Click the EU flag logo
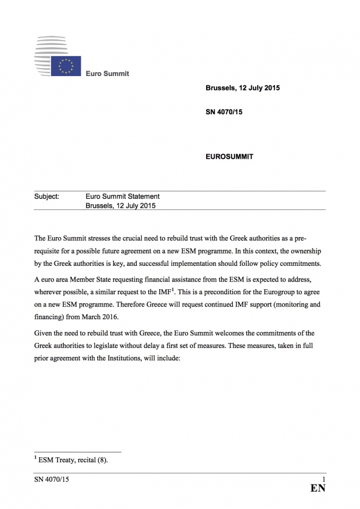point(66,66)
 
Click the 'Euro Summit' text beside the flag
point(107,73)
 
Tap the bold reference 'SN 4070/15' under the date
point(224,113)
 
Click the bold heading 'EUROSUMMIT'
point(229,157)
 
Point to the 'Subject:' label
point(47,196)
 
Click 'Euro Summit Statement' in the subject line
point(122,196)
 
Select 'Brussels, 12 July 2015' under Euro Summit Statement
point(121,205)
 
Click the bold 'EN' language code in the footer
point(317,488)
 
